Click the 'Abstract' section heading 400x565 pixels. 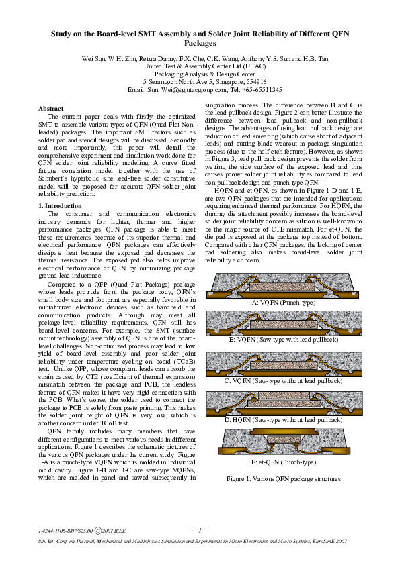(50, 109)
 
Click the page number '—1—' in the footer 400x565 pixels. (200, 530)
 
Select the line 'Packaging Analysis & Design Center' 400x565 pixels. (200, 74)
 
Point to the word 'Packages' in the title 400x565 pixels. (200, 42)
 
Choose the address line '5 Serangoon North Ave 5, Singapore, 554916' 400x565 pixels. (200, 82)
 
